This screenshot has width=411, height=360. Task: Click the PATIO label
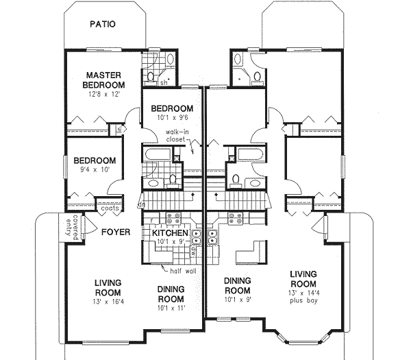(102, 25)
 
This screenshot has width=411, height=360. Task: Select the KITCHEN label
(171, 233)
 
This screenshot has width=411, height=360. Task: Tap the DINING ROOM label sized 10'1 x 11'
(172, 293)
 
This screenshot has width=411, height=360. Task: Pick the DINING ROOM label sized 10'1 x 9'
(237, 285)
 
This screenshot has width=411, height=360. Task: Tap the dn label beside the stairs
(141, 204)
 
